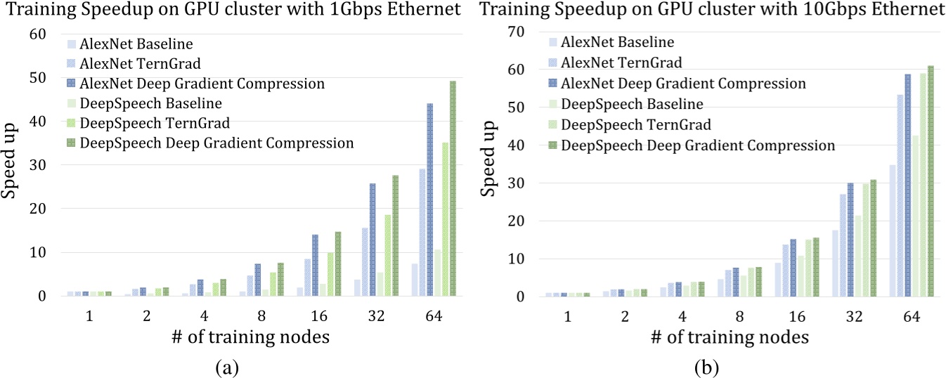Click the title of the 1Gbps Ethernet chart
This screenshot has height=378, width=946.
231,10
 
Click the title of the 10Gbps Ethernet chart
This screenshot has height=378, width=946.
711,10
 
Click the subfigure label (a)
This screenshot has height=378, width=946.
231,366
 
